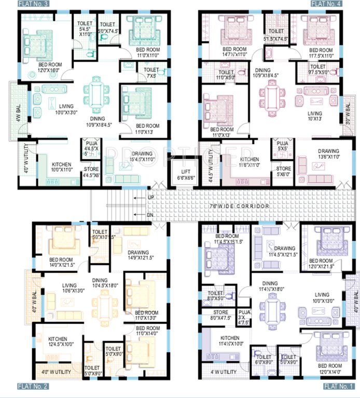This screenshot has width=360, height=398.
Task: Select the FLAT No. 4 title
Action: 326,4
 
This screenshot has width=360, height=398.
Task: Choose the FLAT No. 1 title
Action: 338,386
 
